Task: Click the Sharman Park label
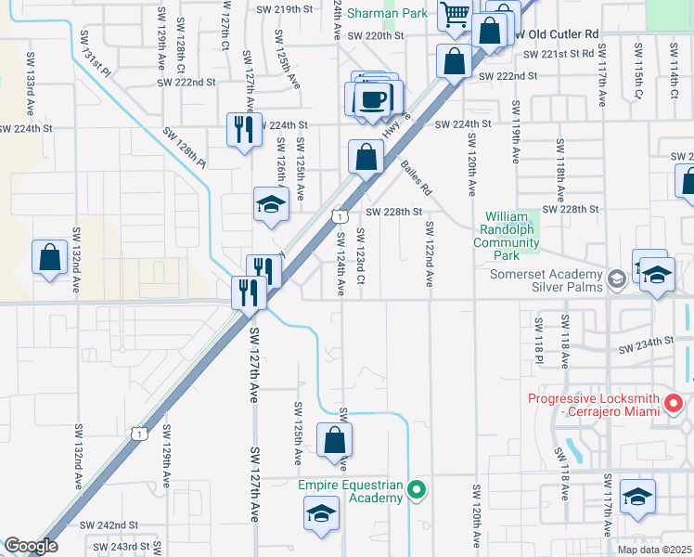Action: [x=388, y=13]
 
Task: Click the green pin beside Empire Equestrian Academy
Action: [x=418, y=487]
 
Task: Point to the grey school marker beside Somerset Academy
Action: [x=615, y=278]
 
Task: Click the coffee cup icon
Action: [x=373, y=98]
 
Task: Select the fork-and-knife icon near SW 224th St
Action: [x=243, y=129]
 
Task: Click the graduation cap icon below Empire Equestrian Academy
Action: [x=321, y=513]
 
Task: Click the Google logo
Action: [x=31, y=546]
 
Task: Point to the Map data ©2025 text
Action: [x=655, y=550]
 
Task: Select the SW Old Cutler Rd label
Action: [x=555, y=33]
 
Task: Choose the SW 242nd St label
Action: [x=109, y=525]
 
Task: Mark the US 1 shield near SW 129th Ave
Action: [x=137, y=433]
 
